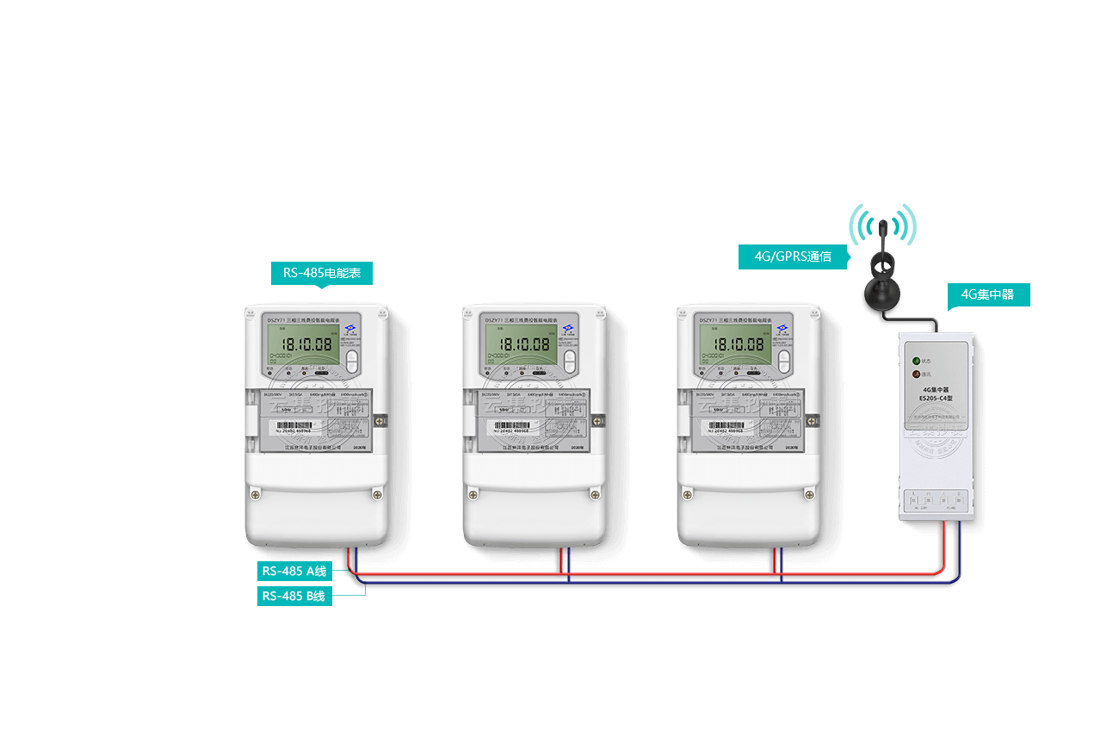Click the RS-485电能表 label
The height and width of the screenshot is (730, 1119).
322,274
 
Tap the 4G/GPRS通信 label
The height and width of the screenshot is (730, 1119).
793,257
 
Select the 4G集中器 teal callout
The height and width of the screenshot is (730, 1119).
988,295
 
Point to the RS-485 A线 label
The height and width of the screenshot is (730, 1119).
294,571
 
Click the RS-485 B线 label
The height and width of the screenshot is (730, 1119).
294,596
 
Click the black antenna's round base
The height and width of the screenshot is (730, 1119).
882,293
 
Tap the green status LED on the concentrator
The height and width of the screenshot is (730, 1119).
916,362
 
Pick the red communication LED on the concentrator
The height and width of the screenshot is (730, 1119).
916,374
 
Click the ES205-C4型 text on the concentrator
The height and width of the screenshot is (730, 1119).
936,399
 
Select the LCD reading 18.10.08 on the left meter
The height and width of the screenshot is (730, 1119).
307,344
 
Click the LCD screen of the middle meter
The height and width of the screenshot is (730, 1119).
522,344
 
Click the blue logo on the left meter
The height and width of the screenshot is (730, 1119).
351,329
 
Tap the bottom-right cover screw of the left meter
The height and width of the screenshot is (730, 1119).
377,494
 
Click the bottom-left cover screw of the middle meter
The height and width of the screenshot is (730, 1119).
472,494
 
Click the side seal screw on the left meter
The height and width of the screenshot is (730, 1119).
384,420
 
